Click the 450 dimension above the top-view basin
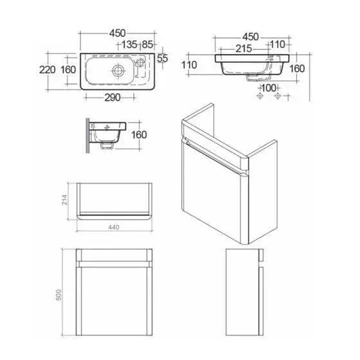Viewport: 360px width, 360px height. pos(117,33)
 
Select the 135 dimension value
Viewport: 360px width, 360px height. pos(129,44)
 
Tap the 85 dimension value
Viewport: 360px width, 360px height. pos(147,44)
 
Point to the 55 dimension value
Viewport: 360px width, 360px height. pos(163,59)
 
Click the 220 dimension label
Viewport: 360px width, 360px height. pos(48,70)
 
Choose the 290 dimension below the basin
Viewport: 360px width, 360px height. pos(113,98)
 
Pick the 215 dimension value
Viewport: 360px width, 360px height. pos(244,49)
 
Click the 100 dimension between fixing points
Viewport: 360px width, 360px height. pos(269,88)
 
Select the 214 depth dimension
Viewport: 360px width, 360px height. pos(65,200)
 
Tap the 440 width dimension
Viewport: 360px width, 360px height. pos(114,227)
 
